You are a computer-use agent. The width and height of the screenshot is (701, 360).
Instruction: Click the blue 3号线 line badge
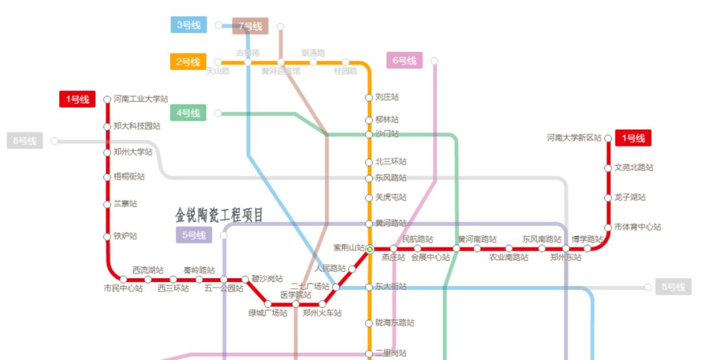tap(189, 25)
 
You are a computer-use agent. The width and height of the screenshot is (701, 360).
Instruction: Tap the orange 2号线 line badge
tap(188, 62)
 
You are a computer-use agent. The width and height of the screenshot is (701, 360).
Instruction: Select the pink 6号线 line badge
tap(404, 60)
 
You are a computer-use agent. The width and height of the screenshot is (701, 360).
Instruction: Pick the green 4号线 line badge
tap(188, 113)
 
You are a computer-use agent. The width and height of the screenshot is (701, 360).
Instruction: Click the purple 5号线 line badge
tap(193, 235)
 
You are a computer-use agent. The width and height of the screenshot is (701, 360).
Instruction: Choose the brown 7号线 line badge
tap(251, 27)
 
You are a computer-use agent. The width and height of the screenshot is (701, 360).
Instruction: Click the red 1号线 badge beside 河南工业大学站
tap(77, 99)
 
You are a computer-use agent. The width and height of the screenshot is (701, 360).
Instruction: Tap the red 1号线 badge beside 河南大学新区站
tap(633, 138)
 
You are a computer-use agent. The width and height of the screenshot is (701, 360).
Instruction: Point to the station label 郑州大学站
tap(133, 152)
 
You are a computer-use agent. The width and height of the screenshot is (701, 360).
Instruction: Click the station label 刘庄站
tap(387, 97)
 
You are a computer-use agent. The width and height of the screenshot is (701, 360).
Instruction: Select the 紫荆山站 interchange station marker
tap(369, 249)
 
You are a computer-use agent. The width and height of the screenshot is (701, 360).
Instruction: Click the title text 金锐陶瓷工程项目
tap(219, 215)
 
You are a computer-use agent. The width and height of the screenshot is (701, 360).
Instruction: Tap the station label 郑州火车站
tap(322, 313)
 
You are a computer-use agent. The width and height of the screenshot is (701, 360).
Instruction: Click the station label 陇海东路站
tap(395, 322)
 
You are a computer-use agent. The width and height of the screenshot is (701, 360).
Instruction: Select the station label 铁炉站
tap(125, 236)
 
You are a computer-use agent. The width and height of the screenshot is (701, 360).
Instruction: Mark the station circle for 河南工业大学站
tap(108, 99)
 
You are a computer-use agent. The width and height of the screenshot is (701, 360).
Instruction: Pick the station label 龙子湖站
tap(630, 197)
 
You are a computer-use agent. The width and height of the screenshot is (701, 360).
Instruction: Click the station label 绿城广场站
tap(267, 313)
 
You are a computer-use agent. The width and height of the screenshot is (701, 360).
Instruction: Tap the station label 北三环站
tap(391, 162)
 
